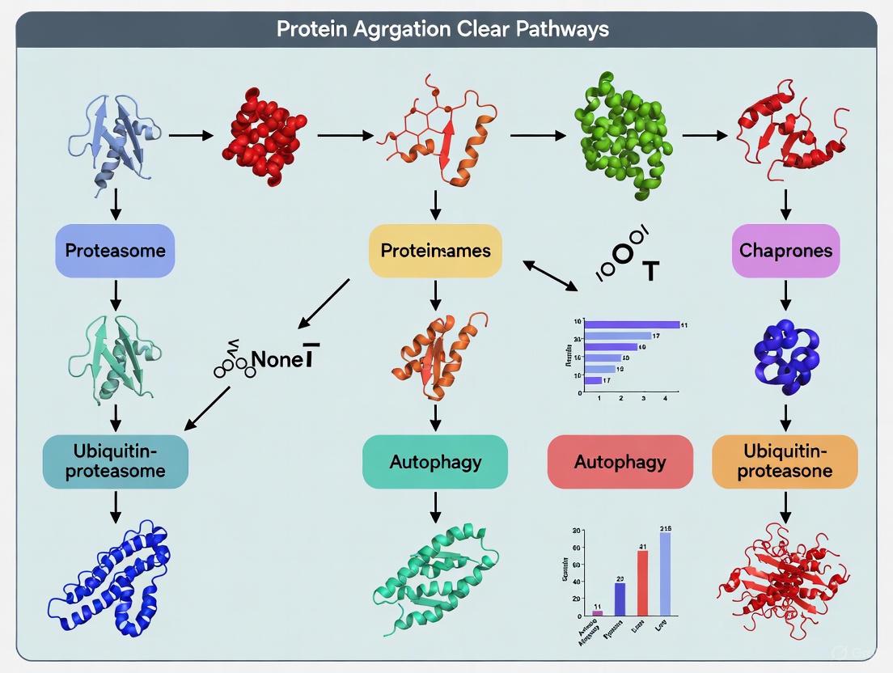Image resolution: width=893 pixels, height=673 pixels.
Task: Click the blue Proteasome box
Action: coord(115,251)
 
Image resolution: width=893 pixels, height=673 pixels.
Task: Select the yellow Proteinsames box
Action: coord(435,251)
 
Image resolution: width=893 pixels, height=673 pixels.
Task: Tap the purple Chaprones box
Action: coord(785,251)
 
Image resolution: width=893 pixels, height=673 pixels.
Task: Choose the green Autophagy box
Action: coord(435,462)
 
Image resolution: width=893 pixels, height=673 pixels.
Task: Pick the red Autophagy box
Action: coord(620,462)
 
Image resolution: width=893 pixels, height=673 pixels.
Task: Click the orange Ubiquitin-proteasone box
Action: coord(784,462)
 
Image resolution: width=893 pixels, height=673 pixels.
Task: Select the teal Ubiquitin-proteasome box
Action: coord(115,462)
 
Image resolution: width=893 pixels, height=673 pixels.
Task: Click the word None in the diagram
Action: coord(276,359)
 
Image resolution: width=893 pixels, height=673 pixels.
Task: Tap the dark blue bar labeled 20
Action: coord(620,599)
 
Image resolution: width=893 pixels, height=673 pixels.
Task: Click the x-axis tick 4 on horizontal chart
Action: coord(665,399)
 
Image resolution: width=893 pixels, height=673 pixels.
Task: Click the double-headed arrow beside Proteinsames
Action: coord(550,276)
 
